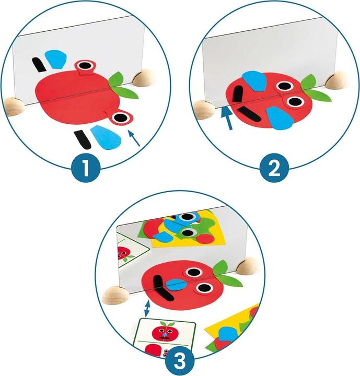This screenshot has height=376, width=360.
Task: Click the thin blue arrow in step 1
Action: [x=134, y=137]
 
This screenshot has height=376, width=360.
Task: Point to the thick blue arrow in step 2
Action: [x=225, y=114]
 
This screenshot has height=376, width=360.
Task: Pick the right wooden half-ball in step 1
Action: [x=141, y=79]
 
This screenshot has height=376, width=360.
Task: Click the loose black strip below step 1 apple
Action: [x=82, y=139]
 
